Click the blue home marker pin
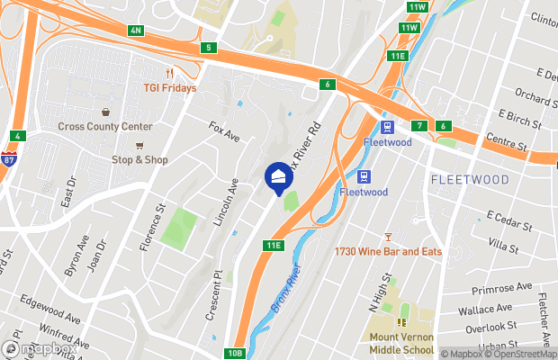(x=279, y=176)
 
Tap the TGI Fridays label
(x=169, y=88)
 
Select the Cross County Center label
(x=105, y=127)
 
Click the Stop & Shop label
(x=139, y=160)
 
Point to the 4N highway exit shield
(x=136, y=31)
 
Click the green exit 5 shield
(x=209, y=47)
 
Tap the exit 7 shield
(x=419, y=125)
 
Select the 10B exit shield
(x=235, y=353)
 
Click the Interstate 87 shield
(x=8, y=160)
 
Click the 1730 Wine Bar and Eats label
(x=388, y=252)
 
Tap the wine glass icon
(x=388, y=237)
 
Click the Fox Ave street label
(x=224, y=132)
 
